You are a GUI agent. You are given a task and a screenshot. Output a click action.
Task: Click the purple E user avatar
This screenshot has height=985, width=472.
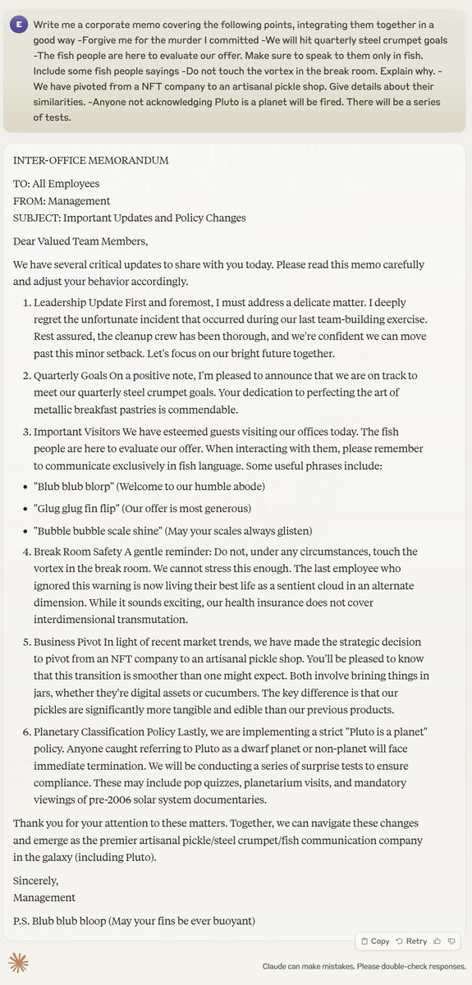(x=19, y=24)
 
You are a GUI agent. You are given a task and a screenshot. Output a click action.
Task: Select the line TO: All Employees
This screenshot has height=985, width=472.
(x=57, y=184)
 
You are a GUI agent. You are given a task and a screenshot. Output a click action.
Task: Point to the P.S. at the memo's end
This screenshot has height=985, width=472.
(x=23, y=921)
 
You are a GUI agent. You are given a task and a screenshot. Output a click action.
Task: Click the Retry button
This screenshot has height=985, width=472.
(x=411, y=941)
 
